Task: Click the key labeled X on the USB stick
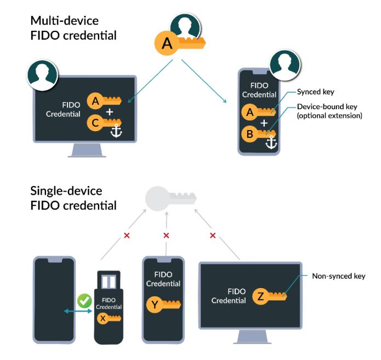(110, 319)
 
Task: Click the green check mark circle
(84, 301)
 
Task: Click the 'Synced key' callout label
(315, 92)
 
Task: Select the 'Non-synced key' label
(338, 276)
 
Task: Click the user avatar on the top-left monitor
(42, 76)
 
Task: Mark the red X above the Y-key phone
(166, 235)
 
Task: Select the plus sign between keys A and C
(110, 112)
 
